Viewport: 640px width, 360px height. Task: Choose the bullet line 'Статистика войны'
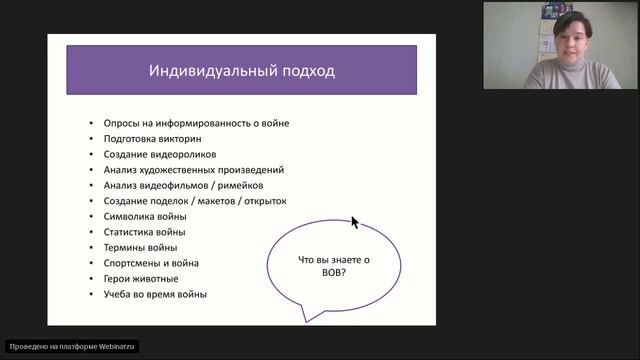coord(143,232)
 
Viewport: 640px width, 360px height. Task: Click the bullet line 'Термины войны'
coord(140,248)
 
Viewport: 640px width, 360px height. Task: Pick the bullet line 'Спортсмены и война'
coord(151,263)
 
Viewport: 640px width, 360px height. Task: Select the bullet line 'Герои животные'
coord(141,279)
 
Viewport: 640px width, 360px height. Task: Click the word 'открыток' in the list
coord(263,201)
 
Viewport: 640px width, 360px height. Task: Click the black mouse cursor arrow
coord(355,222)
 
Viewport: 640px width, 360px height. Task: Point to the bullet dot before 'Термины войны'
coord(91,248)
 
